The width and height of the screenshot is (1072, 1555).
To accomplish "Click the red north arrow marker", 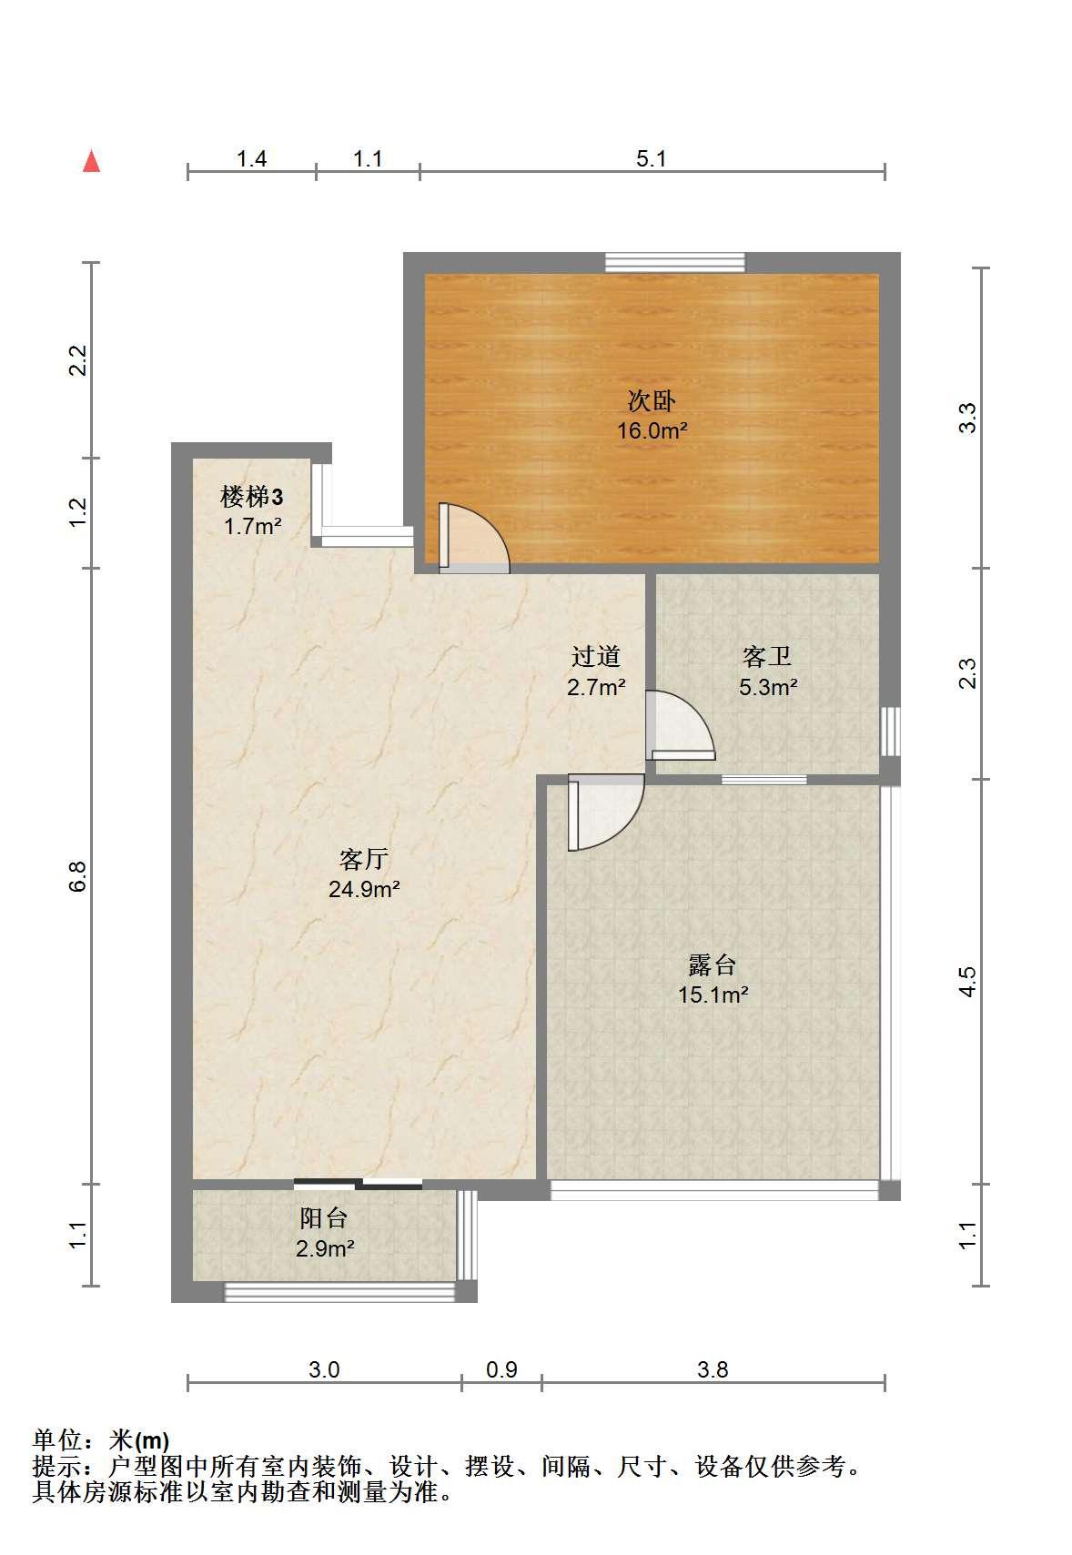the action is pos(91,161).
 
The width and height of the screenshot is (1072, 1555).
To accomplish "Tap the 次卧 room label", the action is pos(651,400).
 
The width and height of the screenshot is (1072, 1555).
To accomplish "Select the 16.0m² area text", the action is pos(652,430).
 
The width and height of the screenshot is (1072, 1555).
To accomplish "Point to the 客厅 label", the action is pos(363,860).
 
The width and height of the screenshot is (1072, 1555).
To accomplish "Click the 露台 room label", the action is pos(712,964).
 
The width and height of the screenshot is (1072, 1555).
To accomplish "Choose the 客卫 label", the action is pos(766,657).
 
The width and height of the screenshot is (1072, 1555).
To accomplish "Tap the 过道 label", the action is pos(595,657).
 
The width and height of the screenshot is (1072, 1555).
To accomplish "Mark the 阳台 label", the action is pos(324,1217).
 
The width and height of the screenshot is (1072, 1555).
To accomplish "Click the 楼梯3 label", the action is pos(251,497).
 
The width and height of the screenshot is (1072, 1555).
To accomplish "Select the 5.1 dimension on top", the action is pos(651,158).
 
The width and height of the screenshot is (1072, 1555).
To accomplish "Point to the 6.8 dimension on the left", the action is pos(77,876).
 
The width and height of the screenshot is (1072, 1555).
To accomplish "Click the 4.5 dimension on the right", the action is pos(967,982).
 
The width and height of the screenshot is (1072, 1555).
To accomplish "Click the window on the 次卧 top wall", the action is pos(674,262).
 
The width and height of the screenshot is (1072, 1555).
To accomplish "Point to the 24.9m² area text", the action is pos(364,889).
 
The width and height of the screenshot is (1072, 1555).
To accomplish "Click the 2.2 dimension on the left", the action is pos(77,359).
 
